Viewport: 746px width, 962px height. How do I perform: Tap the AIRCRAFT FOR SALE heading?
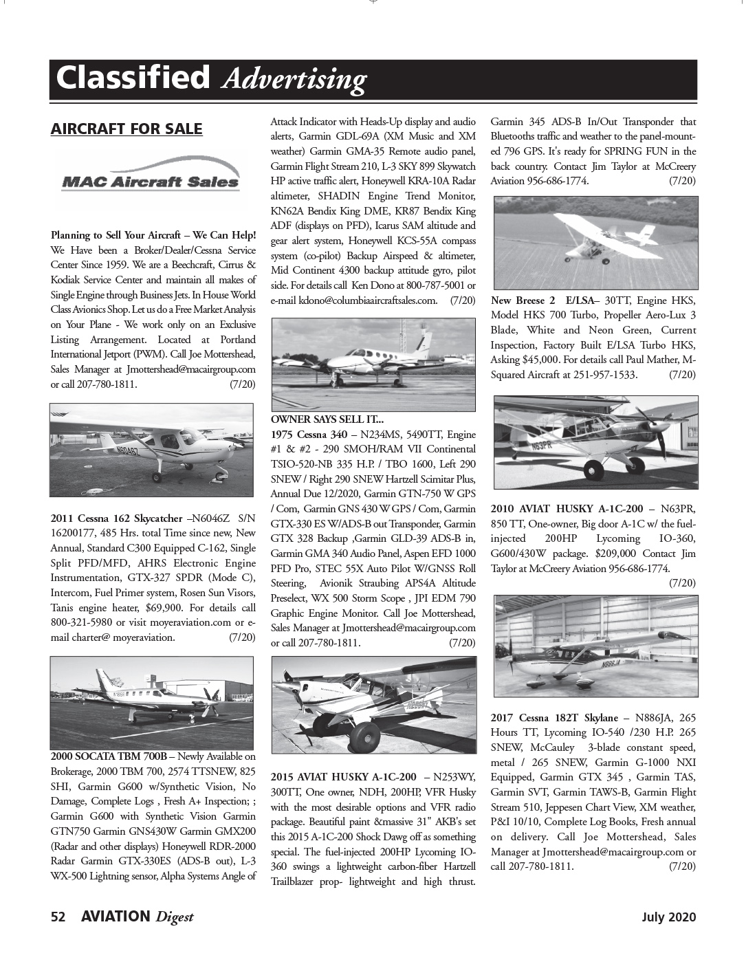pyautogui.click(x=127, y=129)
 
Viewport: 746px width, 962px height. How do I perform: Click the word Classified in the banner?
pyautogui.click(x=133, y=78)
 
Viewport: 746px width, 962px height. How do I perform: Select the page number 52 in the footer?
pyautogui.click(x=58, y=917)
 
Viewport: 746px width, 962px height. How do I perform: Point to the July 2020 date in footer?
pyautogui.click(x=669, y=917)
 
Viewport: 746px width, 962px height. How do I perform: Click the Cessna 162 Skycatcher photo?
pyautogui.click(x=153, y=450)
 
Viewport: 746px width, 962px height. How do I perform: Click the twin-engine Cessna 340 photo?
pyautogui.click(x=373, y=364)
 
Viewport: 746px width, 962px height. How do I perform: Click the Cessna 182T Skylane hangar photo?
pyautogui.click(x=595, y=645)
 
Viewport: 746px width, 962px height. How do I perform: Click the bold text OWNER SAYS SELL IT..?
pyautogui.click(x=327, y=419)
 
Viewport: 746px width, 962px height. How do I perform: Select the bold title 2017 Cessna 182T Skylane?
pyautogui.click(x=554, y=717)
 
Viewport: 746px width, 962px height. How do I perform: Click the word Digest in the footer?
pyautogui.click(x=174, y=917)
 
